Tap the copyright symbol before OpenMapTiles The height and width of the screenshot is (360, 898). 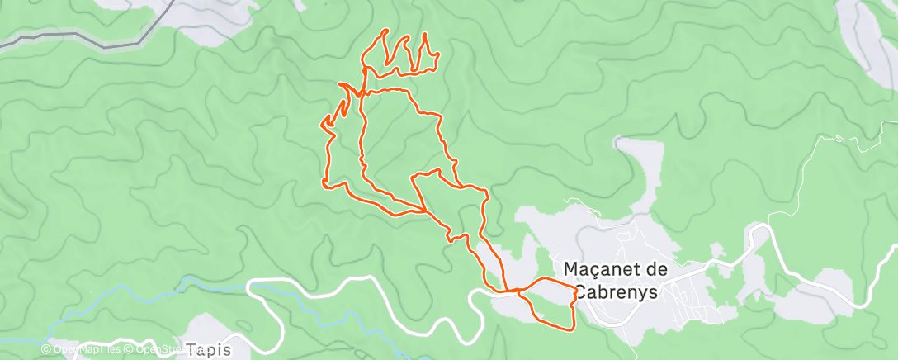(46, 349)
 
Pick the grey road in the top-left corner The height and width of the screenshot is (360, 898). (74, 36)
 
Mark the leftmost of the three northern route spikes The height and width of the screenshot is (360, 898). (385, 31)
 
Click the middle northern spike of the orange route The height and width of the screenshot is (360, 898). (405, 38)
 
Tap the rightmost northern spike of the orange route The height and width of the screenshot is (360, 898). (424, 35)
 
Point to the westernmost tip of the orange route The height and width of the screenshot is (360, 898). (321, 125)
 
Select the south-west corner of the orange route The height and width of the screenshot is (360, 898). (325, 183)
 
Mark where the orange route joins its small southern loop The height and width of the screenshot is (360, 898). (517, 291)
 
